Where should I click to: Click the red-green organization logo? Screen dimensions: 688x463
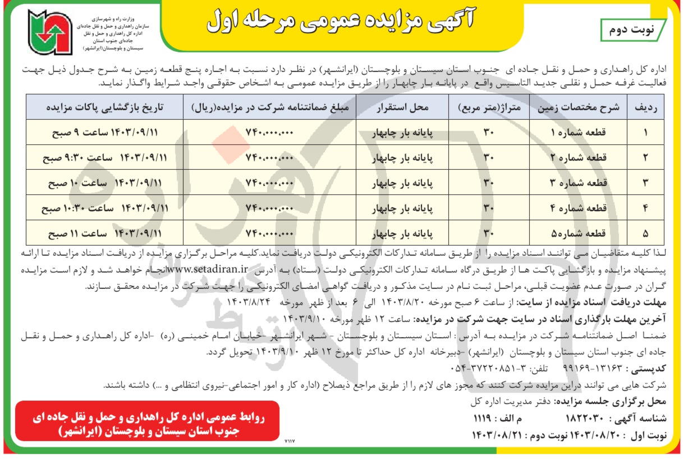(x=51, y=32)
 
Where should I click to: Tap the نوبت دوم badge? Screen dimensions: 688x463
(x=632, y=30)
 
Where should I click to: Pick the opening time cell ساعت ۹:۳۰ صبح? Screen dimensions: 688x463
(x=105, y=158)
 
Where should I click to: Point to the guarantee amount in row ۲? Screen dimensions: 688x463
(x=270, y=158)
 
